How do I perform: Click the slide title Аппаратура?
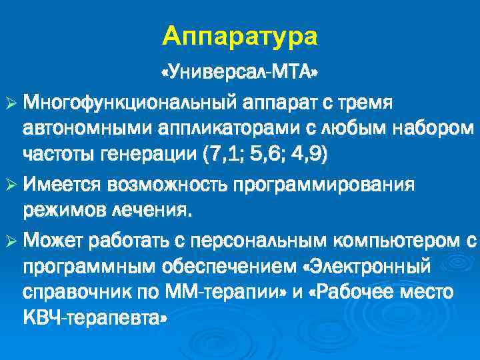[240, 36]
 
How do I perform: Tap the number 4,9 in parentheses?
[306, 155]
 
